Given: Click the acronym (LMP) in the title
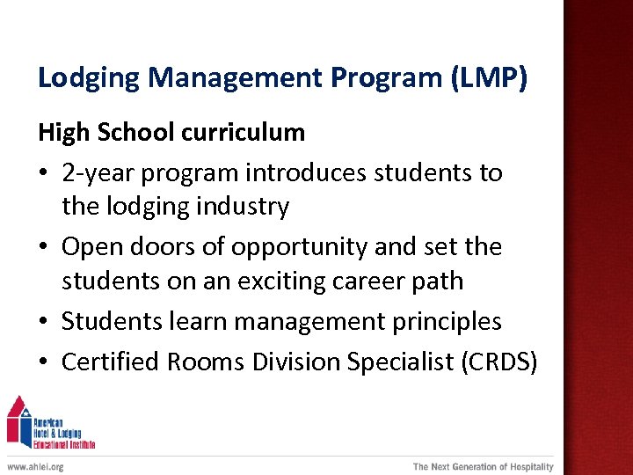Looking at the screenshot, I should [x=489, y=78].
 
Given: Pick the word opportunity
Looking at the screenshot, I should [x=299, y=246].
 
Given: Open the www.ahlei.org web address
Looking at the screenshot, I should [x=35, y=467].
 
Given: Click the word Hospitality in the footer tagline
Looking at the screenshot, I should [x=524, y=467].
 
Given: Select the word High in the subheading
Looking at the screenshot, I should [x=63, y=133].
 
